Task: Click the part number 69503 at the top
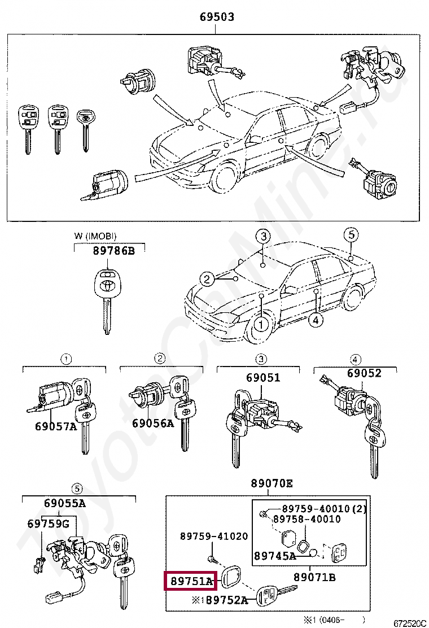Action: pyautogui.click(x=217, y=18)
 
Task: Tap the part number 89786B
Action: pyautogui.click(x=114, y=251)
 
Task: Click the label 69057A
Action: pyautogui.click(x=55, y=426)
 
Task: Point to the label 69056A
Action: pyautogui.click(x=153, y=423)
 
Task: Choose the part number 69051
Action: pyautogui.click(x=262, y=378)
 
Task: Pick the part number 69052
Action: pyautogui.click(x=364, y=373)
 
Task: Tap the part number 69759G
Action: pyautogui.click(x=48, y=524)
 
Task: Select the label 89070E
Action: pyautogui.click(x=272, y=483)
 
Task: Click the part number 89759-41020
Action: pyautogui.click(x=214, y=536)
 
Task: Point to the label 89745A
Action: pyautogui.click(x=275, y=556)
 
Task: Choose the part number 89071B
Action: pyautogui.click(x=314, y=577)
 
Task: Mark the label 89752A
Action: pyautogui.click(x=226, y=600)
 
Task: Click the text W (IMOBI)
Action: pyautogui.click(x=95, y=236)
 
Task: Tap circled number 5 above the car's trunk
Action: pyautogui.click(x=351, y=234)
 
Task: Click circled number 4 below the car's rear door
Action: pyautogui.click(x=316, y=320)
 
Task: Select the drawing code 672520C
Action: pyautogui.click(x=410, y=623)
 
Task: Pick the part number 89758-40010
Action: pyautogui.click(x=307, y=519)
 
